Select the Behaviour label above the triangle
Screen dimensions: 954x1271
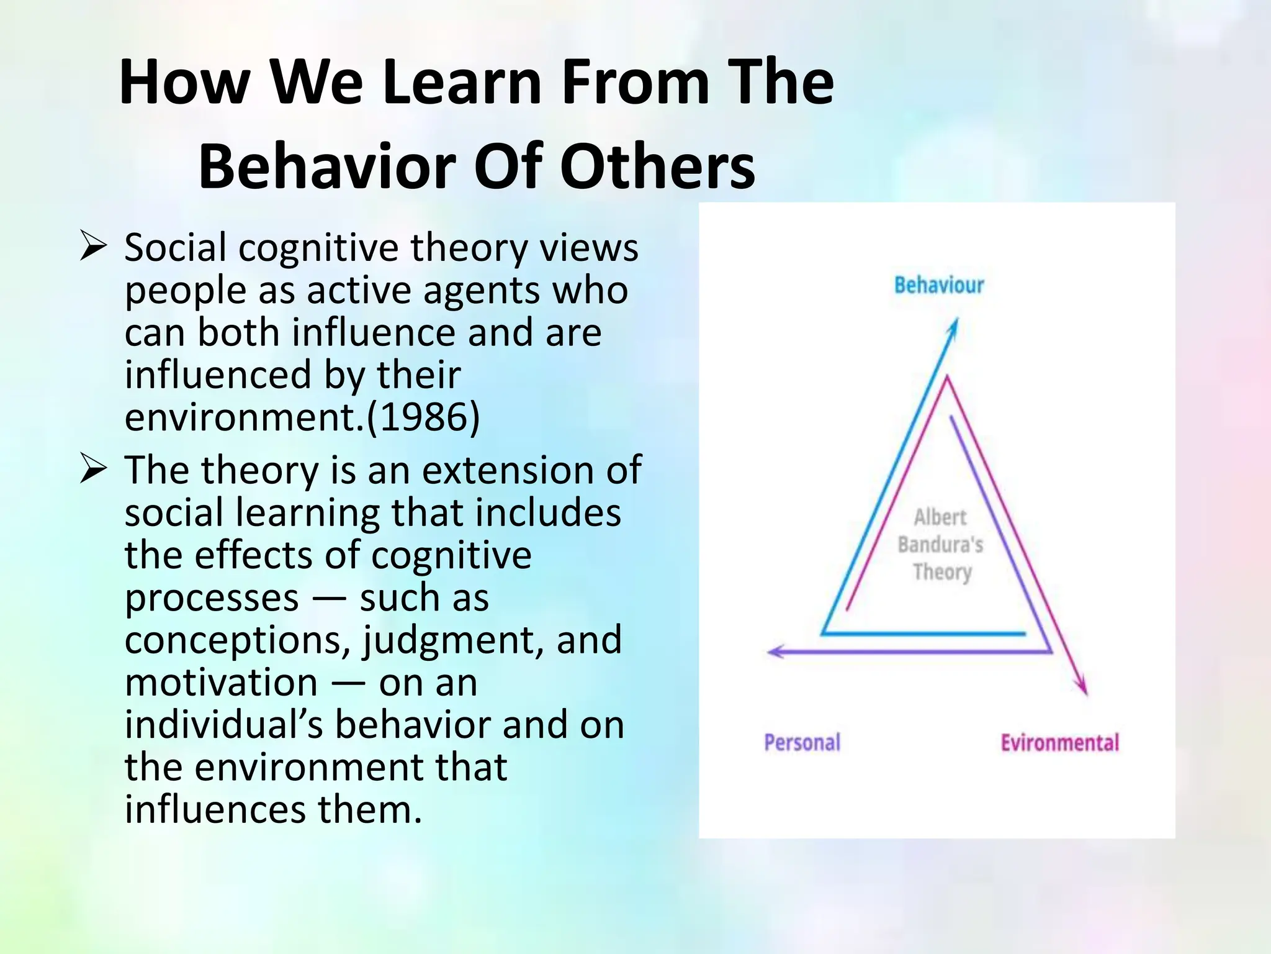pos(939,285)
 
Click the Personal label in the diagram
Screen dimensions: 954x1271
pos(802,742)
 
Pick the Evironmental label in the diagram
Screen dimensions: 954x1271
pos(1059,742)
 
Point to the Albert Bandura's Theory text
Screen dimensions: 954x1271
pos(941,544)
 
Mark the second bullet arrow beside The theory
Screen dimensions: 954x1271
pos(94,470)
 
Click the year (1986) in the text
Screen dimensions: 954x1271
pos(423,417)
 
